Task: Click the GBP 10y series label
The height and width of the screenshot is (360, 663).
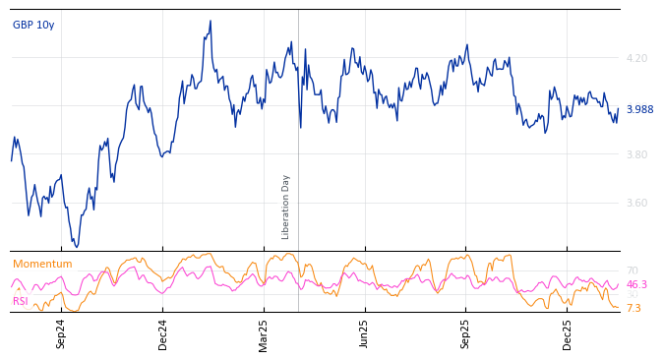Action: [33, 26]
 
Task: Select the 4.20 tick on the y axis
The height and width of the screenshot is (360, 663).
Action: [636, 59]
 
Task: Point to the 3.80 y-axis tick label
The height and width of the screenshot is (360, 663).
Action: [636, 155]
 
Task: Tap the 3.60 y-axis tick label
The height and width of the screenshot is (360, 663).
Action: [636, 204]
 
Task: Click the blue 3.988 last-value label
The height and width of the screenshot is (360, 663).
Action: [639, 110]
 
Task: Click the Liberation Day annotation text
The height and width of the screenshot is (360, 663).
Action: [286, 207]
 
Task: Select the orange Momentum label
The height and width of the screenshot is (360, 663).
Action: [42, 265]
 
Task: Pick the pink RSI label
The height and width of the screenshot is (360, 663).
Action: [21, 302]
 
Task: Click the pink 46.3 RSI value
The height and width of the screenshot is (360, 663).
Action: [636, 285]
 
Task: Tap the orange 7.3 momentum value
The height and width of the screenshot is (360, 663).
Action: [633, 309]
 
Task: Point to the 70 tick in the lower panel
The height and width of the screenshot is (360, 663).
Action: [633, 271]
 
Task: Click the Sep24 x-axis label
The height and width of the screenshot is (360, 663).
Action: [61, 333]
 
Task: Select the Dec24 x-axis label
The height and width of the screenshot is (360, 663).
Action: [163, 333]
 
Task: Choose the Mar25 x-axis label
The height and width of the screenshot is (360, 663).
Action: [264, 333]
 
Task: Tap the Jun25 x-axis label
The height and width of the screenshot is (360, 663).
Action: [365, 333]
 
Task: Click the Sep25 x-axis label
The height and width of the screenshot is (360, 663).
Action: [466, 333]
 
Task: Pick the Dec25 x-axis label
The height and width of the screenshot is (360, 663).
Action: [568, 333]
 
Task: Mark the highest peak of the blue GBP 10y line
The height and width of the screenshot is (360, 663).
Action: [211, 21]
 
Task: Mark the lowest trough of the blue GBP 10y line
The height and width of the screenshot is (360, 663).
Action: [77, 246]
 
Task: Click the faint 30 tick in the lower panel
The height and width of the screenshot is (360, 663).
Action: [633, 295]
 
